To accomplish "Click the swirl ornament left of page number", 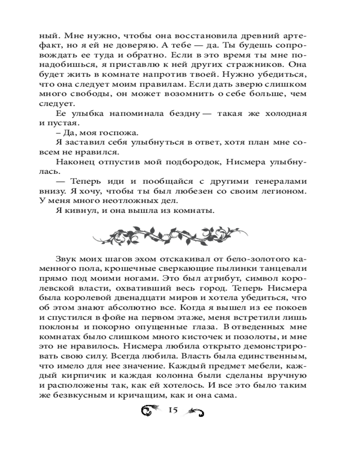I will click(150, 410).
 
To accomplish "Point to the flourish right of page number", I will click(196, 410).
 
